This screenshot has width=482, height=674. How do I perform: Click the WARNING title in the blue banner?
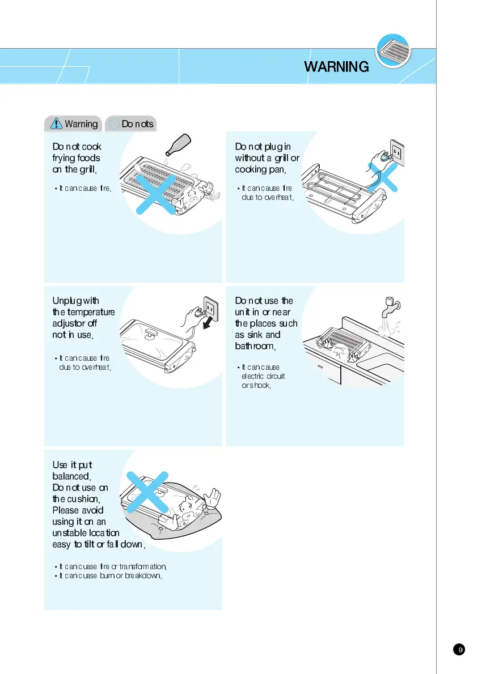(336, 67)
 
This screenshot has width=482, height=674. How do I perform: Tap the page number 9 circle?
(461, 650)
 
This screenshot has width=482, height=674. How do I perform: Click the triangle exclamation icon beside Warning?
(56, 123)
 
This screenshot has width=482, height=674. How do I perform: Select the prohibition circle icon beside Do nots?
(113, 123)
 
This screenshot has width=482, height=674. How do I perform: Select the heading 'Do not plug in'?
(263, 147)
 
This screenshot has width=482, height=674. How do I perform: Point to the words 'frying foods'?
(76, 158)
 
